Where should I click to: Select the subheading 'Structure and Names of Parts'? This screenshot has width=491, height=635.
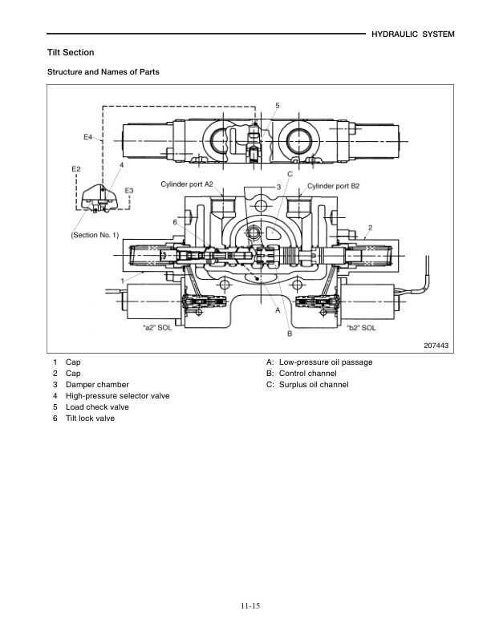coord(103,72)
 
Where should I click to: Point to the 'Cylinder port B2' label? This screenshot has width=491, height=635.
coord(333,185)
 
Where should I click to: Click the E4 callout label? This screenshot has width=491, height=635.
coord(89,138)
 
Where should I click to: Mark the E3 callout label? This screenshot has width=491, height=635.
coord(128,190)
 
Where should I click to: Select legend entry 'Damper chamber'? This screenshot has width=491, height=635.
coord(97,385)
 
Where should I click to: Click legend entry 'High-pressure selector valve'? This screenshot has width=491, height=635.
coord(117,396)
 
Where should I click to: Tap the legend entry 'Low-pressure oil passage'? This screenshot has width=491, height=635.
coord(325,362)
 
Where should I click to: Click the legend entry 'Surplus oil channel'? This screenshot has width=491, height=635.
coord(314,385)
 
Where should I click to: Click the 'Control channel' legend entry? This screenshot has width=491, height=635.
coord(307,374)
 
